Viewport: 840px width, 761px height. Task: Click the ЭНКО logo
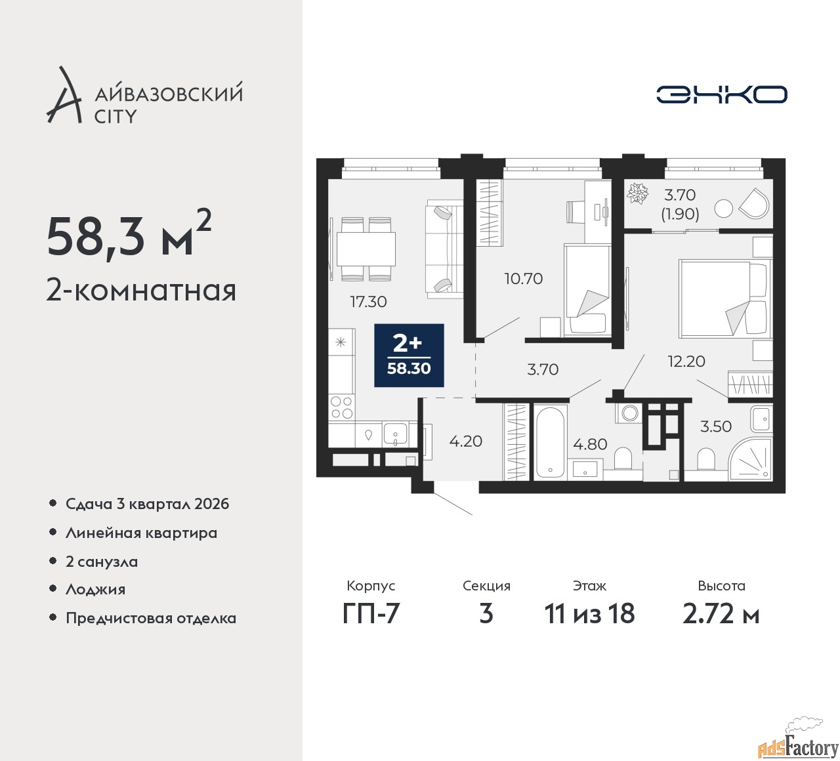point(721,94)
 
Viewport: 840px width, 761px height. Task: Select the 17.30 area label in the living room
point(368,302)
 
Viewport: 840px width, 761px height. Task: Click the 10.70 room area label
point(523,279)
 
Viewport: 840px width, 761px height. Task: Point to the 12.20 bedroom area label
point(686,361)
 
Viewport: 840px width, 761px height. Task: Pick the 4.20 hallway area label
point(465,442)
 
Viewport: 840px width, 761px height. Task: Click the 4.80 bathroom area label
point(590,444)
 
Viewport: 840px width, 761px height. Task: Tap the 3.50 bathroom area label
point(715,426)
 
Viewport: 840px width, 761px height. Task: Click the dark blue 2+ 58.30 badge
point(409,355)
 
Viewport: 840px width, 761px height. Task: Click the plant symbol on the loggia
point(637,194)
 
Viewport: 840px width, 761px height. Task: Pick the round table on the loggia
point(723,209)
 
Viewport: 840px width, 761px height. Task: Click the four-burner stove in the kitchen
point(341,407)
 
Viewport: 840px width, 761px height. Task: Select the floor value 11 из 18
point(589,614)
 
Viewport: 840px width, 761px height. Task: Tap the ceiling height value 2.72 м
point(721,614)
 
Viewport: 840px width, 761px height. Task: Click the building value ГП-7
point(371,614)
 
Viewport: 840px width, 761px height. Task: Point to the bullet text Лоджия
point(95,590)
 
